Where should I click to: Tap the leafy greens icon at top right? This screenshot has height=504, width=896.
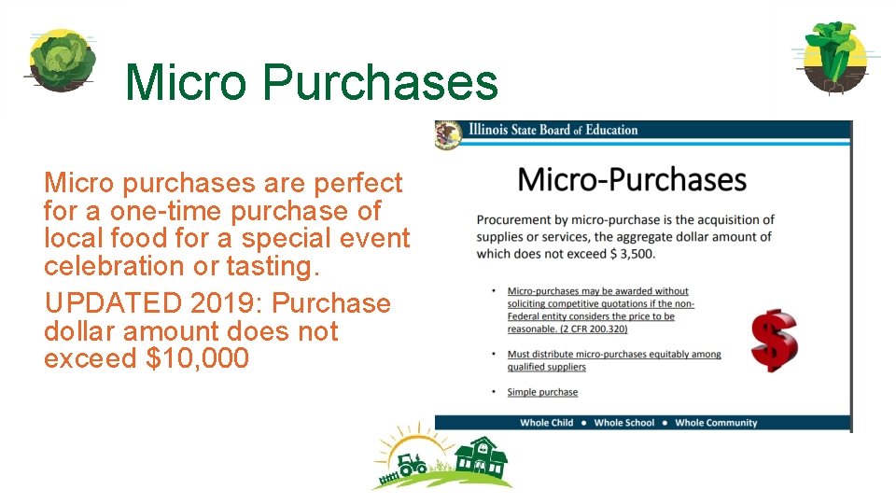833,56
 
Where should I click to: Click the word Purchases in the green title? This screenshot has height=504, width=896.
380,82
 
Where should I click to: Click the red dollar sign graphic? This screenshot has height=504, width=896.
774,342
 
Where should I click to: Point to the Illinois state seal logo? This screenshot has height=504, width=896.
449,133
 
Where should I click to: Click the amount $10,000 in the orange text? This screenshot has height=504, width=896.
198,358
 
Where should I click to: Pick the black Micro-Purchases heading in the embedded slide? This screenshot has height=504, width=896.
632,179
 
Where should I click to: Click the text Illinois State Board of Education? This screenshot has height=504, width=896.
553,130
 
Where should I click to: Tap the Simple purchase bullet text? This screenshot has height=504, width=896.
542,392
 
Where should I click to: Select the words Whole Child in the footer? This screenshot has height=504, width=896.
547,423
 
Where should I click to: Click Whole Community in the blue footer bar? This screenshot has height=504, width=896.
716,423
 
